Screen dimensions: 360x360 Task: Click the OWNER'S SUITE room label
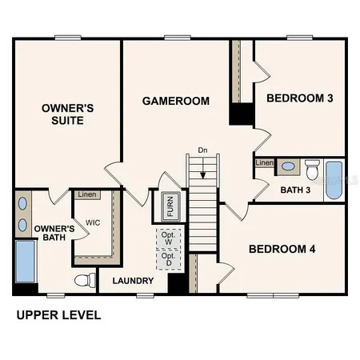(x=63, y=114)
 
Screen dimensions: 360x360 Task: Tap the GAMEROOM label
(x=176, y=102)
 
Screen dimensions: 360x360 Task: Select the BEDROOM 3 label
(x=300, y=98)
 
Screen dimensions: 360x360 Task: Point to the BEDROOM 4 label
(x=282, y=249)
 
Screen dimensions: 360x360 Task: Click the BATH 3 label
(x=295, y=190)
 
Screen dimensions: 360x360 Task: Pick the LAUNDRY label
(x=133, y=281)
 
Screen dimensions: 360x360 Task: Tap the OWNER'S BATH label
(x=54, y=233)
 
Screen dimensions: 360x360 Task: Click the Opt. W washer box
(x=167, y=238)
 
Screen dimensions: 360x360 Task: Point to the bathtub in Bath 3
(x=334, y=179)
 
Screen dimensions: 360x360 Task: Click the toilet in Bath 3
(x=312, y=169)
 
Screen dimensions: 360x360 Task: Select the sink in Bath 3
(x=288, y=167)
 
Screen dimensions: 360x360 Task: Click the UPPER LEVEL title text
(x=58, y=315)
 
